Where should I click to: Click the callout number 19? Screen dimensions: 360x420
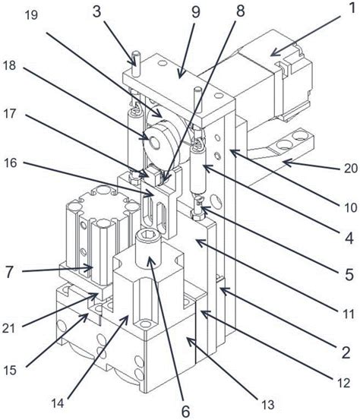(31, 15)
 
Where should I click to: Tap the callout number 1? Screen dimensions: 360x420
(352, 8)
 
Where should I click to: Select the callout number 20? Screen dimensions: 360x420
(350, 168)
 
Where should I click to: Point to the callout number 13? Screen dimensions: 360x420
(267, 405)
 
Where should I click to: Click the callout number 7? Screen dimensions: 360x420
(9, 272)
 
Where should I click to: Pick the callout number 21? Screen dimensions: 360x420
(9, 328)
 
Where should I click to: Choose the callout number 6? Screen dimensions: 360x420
(185, 411)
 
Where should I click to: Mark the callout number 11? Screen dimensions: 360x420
(349, 314)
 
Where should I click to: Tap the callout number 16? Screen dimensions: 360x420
(11, 163)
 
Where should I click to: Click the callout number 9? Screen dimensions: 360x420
(196, 11)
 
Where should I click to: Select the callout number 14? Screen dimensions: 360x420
(57, 403)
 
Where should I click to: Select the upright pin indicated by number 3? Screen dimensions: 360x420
(136, 63)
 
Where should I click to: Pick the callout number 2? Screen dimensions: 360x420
(346, 352)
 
